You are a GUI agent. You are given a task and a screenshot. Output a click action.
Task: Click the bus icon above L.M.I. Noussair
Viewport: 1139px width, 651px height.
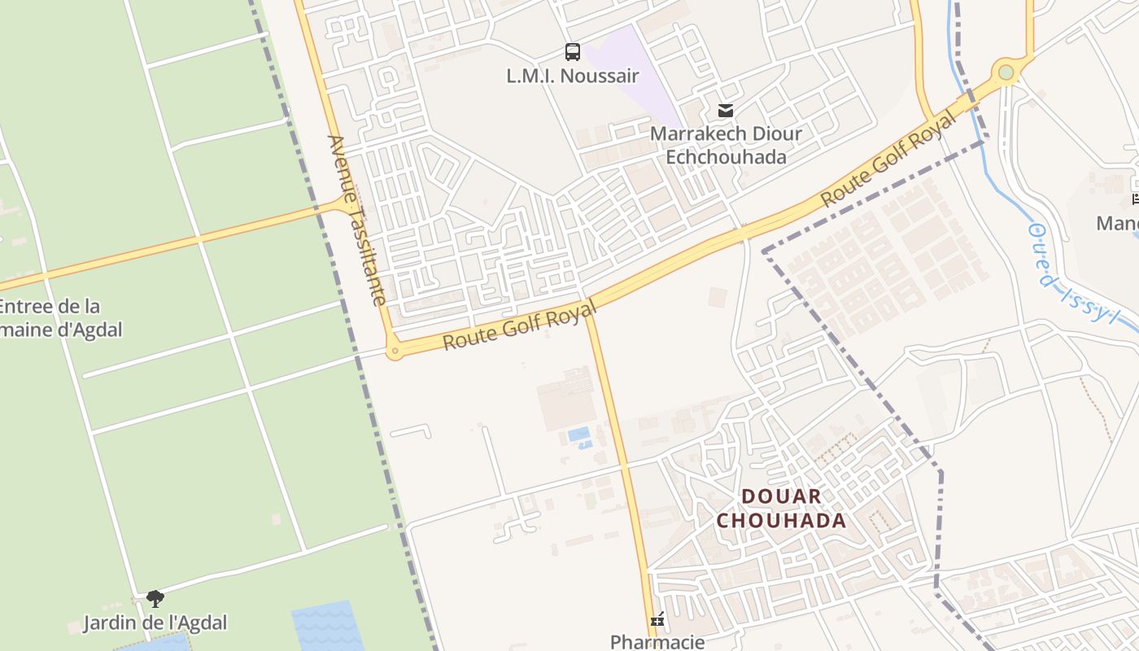tap(573, 52)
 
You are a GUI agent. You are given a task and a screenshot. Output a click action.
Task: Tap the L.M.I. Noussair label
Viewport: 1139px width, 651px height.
tap(573, 76)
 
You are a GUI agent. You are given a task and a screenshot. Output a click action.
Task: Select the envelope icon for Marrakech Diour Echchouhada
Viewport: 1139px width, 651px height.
tap(725, 111)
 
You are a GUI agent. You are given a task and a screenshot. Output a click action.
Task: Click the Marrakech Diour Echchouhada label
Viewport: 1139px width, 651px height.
tap(726, 145)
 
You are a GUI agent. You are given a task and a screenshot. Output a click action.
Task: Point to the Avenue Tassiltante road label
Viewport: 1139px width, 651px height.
tap(356, 220)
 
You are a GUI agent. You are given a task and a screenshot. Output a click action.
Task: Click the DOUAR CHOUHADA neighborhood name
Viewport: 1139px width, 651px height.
tap(781, 509)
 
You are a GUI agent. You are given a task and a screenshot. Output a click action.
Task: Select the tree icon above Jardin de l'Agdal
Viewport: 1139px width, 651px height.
tap(155, 600)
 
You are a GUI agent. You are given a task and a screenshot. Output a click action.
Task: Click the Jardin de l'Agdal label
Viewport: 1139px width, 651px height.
tap(155, 623)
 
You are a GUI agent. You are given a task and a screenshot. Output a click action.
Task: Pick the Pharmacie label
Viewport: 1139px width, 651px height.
tap(657, 641)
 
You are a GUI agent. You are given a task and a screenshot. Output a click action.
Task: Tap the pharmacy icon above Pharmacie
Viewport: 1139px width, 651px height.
tap(657, 620)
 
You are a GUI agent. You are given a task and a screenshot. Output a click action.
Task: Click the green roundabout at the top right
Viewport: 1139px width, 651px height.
tap(1006, 72)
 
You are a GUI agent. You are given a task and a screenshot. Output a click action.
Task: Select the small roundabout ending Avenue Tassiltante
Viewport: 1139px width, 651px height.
tap(395, 352)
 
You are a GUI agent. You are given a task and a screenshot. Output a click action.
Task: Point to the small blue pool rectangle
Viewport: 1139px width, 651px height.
tap(578, 434)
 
